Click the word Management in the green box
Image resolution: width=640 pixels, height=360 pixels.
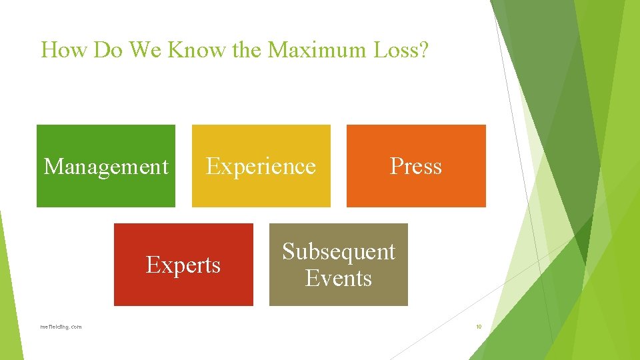pyautogui.click(x=106, y=166)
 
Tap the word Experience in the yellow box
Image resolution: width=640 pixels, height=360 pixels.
pyautogui.click(x=261, y=166)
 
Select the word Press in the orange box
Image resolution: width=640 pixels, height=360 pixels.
pyautogui.click(x=416, y=166)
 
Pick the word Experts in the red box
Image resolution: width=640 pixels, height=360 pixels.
pyautogui.click(x=183, y=265)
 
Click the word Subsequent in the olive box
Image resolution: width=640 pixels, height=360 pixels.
pyautogui.click(x=339, y=251)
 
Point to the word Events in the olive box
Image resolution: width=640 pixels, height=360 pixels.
pyautogui.click(x=339, y=277)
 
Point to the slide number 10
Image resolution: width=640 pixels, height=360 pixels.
pyautogui.click(x=479, y=327)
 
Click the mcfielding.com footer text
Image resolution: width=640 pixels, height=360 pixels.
pyautogui.click(x=61, y=327)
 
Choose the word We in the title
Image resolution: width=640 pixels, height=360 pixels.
pyautogui.click(x=143, y=50)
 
